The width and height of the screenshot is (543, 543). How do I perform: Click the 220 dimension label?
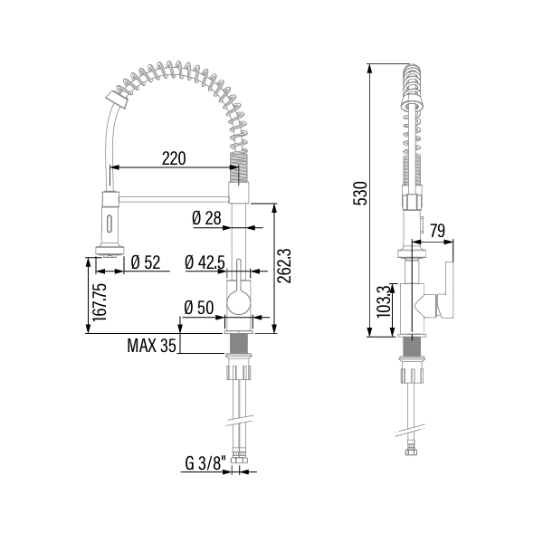(174, 157)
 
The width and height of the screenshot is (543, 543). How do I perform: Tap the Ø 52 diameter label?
(145, 262)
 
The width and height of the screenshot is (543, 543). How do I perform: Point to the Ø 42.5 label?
(205, 262)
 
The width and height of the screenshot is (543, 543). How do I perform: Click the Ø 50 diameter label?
(199, 308)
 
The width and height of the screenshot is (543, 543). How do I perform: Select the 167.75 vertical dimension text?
(99, 301)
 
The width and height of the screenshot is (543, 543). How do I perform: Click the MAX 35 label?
(151, 345)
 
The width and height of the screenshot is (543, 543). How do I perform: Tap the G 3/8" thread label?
(204, 463)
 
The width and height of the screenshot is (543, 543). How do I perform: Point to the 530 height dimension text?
(359, 194)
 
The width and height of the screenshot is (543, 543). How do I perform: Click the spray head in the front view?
(109, 223)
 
